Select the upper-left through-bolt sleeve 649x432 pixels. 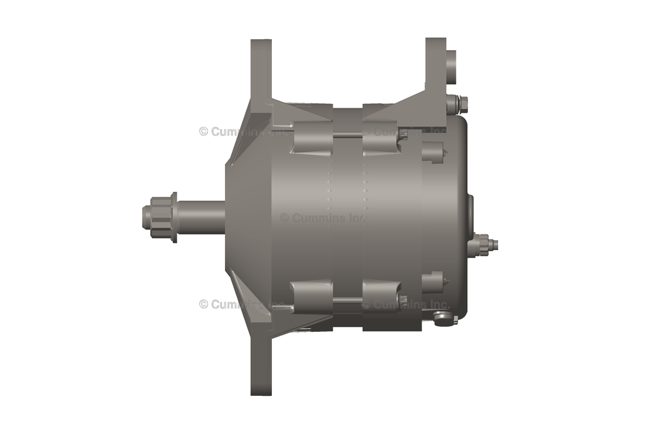tap(311, 140)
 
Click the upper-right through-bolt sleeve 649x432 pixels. tap(382, 140)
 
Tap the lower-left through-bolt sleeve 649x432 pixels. tap(311, 295)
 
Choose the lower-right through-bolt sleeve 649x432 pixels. tap(382, 295)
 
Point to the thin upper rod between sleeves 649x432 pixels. tap(347, 135)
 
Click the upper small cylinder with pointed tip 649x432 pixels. tap(435, 152)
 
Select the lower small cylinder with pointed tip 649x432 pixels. tap(435, 281)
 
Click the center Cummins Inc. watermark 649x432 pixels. tap(323, 218)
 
